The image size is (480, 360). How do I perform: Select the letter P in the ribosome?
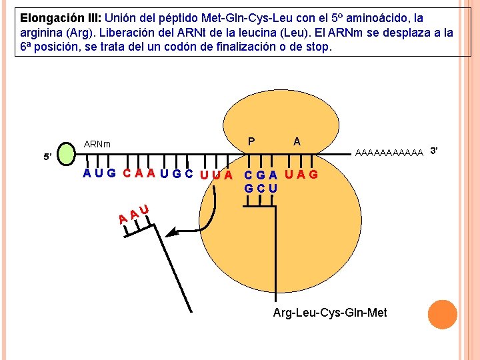[251, 141]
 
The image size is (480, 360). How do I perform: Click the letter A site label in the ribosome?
[297, 141]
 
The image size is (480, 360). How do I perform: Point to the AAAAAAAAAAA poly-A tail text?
[390, 153]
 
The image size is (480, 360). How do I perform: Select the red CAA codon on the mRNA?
[139, 175]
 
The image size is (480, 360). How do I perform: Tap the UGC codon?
[177, 175]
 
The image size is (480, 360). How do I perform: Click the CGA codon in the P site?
[261, 175]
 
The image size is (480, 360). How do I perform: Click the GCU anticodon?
[261, 189]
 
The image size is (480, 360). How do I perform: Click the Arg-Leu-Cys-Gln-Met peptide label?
[330, 313]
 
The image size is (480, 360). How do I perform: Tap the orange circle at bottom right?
[443, 315]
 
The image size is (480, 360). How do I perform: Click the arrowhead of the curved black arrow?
[172, 233]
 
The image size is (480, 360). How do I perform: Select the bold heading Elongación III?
[61, 17]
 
